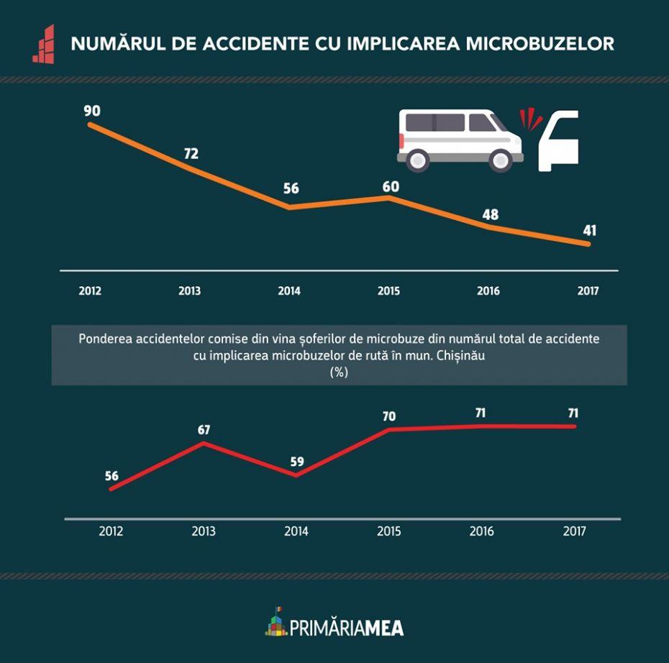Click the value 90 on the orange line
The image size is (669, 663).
92,111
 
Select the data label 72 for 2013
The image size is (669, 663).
191,154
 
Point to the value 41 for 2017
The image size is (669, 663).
590,231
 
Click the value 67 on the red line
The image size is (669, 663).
204,430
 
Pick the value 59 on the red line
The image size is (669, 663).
297,462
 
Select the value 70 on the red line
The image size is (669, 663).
389,416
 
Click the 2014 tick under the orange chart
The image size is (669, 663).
289,291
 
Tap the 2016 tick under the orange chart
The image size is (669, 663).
488,291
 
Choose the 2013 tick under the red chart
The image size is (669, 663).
204,531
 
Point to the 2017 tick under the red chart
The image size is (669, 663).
575,531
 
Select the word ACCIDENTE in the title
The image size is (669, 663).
245,44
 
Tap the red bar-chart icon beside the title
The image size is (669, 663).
44,44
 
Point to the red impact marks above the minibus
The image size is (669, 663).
531,117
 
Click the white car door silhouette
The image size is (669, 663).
559,140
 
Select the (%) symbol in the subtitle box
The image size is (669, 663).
339,372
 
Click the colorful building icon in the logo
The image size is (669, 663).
276,623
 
